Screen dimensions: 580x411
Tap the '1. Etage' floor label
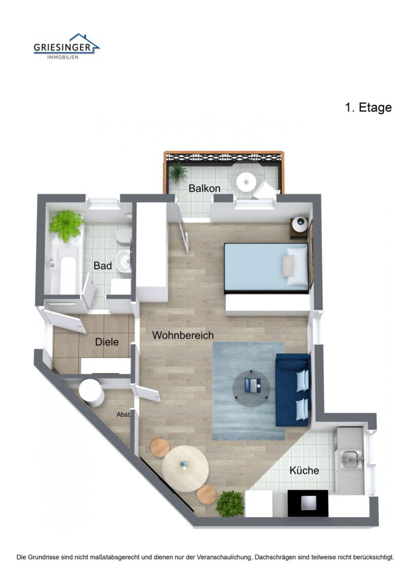pos(368,108)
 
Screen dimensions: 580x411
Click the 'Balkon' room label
pos(204,188)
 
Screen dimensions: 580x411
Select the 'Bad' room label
pos(103,266)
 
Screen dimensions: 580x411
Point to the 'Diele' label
pos(107,342)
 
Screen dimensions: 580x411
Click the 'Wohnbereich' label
pos(183,335)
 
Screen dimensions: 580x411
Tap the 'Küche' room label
pos(304,470)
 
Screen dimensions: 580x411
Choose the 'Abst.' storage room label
pos(124,415)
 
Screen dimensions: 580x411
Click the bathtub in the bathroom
pos(67,267)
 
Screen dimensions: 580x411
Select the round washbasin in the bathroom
pos(124,260)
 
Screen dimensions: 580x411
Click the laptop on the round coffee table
pos(252,385)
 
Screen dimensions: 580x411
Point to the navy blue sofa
pos(293,390)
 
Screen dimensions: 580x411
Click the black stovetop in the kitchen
pos(307,503)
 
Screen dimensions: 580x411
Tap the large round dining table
pos(185,468)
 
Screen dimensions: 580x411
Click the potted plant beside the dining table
pos(230,504)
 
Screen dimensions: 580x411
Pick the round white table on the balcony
pos(246,181)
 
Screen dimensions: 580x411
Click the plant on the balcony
pos(178,171)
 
